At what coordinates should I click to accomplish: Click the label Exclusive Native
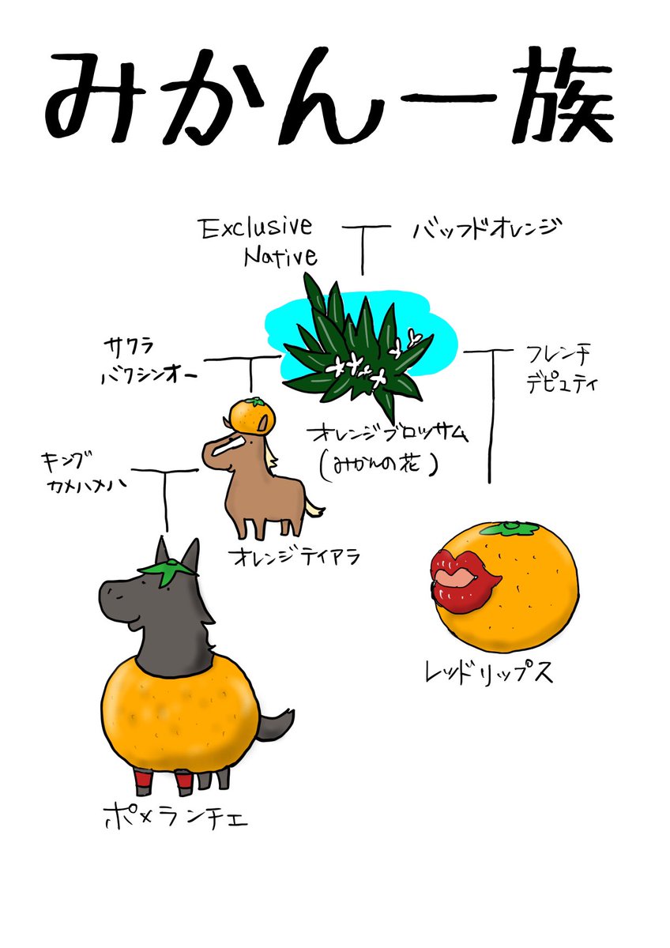pos(257,242)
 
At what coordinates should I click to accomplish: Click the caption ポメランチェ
pos(176,816)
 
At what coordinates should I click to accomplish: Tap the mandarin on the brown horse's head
pos(251,416)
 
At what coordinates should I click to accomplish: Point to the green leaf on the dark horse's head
pos(167,570)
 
